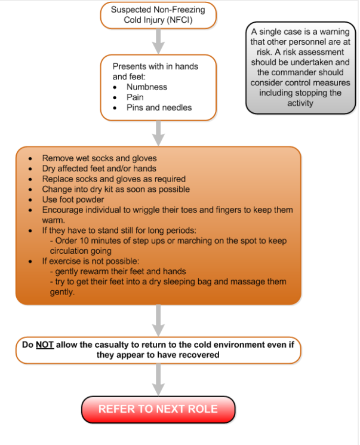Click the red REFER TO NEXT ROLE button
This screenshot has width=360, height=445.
pyautogui.click(x=158, y=409)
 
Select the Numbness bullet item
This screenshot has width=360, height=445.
pyautogui.click(x=146, y=87)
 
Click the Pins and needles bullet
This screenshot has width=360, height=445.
pyautogui.click(x=159, y=108)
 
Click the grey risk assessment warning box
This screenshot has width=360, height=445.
pyautogui.click(x=300, y=67)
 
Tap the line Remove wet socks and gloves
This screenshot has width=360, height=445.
pyautogui.click(x=99, y=158)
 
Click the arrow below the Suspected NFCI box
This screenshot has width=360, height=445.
pyautogui.click(x=158, y=40)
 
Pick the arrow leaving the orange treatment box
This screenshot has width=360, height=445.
pyautogui.click(x=158, y=320)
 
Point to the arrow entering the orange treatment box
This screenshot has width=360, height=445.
pyautogui.click(x=158, y=133)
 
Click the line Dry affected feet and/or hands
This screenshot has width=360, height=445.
pyautogui.click(x=99, y=168)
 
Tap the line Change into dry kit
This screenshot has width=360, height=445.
pyautogui.click(x=116, y=189)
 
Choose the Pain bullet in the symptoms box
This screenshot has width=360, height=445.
pyautogui.click(x=135, y=97)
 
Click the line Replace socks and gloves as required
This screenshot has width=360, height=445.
pyautogui.click(x=114, y=179)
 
